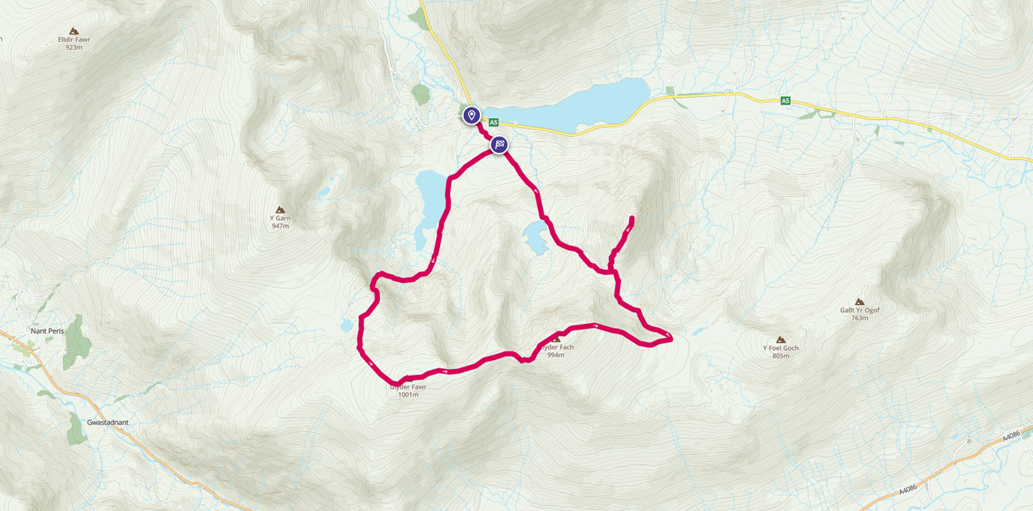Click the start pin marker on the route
pyautogui.click(x=471, y=115)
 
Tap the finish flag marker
pyautogui.click(x=499, y=144)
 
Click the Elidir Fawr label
pyautogui.click(x=74, y=39)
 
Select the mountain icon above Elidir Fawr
pyautogui.click(x=74, y=31)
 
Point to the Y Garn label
pyautogui.click(x=280, y=218)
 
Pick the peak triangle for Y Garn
pyautogui.click(x=280, y=210)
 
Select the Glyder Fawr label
pyautogui.click(x=408, y=387)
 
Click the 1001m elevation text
pyautogui.click(x=408, y=395)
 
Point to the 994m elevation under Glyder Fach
pyautogui.click(x=556, y=355)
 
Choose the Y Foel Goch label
pyautogui.click(x=781, y=348)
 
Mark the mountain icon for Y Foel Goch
pyautogui.click(x=781, y=340)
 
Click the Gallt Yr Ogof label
pyautogui.click(x=860, y=310)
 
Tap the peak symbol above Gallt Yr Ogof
pyautogui.click(x=860, y=301)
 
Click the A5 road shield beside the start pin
pyautogui.click(x=493, y=122)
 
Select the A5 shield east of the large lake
pyautogui.click(x=785, y=100)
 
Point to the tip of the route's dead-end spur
pyautogui.click(x=631, y=218)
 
